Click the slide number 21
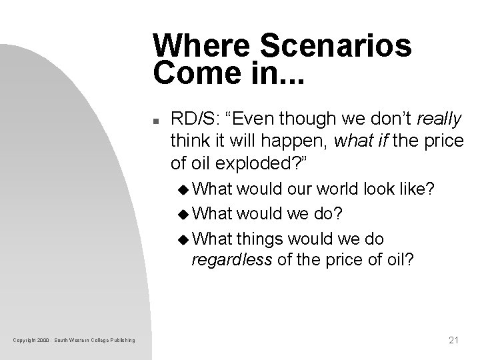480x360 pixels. coord(455,340)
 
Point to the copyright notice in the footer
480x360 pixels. coord(73,341)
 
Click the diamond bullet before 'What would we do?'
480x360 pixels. coord(184,215)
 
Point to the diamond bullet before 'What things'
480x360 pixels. coord(184,238)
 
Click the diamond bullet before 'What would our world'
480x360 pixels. coord(184,190)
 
